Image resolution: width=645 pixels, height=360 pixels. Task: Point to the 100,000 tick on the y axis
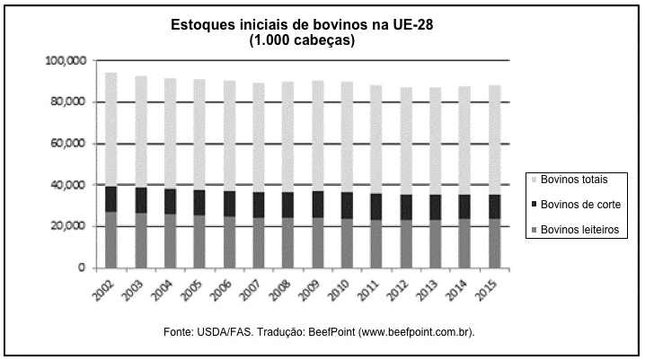point(65,60)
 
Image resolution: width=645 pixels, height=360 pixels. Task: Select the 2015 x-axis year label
point(490,288)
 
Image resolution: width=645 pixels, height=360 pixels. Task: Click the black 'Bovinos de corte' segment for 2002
point(111,198)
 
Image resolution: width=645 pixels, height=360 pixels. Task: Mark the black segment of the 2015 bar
point(493,206)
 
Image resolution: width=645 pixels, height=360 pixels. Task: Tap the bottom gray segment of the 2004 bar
point(170,241)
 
